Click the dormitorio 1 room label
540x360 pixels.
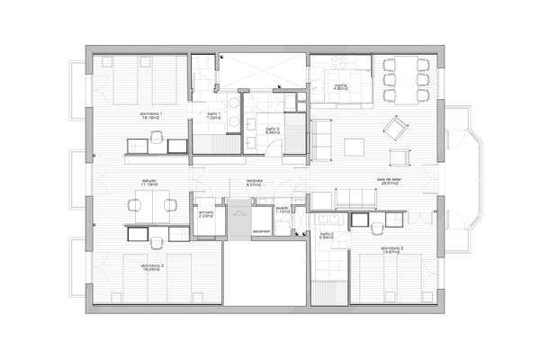coord(150,115)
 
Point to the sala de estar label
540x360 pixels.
coord(389,180)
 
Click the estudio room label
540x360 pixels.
coord(148,183)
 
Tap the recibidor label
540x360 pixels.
coord(254,183)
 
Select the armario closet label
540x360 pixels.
coord(206,214)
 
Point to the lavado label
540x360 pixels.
coord(282,209)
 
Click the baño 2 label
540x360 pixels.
coord(327,235)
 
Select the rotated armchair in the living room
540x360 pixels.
coord(393,127)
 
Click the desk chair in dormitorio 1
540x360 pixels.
coord(158,138)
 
